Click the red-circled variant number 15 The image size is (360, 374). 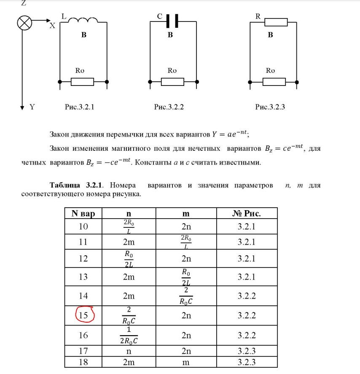point(84,315)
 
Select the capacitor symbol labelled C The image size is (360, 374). point(172,20)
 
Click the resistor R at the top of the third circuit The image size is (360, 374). point(276,22)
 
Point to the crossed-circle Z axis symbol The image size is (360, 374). point(24,22)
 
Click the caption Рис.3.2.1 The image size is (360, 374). point(79,107)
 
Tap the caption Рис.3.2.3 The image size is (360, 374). point(270,107)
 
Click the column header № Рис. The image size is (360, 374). point(246,213)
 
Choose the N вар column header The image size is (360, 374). point(83,213)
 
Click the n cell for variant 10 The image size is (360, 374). point(129,226)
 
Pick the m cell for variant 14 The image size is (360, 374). point(186,296)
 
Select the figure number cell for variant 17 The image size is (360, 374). point(246,350)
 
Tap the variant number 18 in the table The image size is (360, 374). point(83,362)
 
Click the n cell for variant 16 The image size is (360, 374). point(129,336)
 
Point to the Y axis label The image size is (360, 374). point(32,107)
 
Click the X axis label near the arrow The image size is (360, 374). point(52,26)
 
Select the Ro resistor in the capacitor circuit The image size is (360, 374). point(172,81)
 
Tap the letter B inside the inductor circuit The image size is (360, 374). point(84,35)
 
